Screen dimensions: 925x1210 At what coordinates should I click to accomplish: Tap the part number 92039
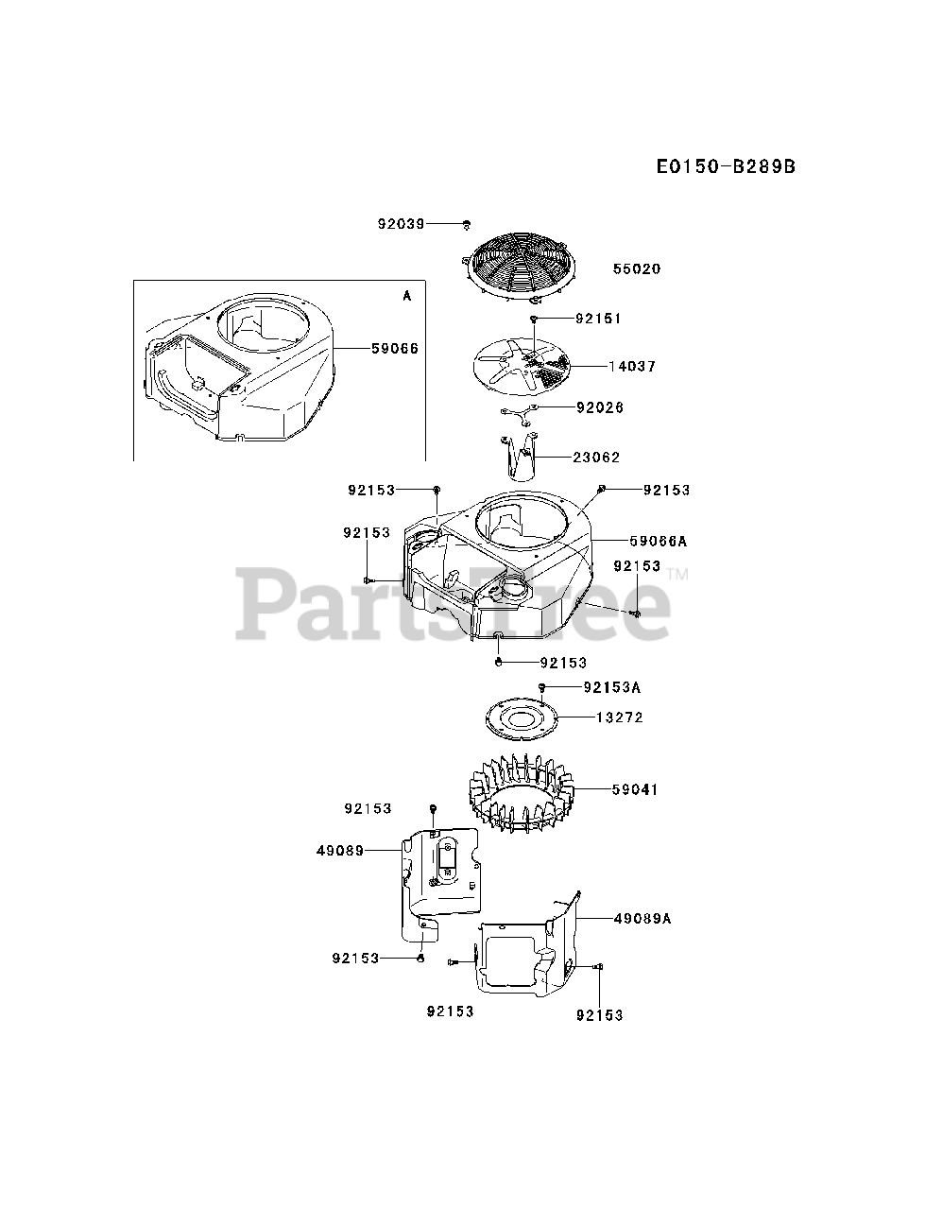coord(401,224)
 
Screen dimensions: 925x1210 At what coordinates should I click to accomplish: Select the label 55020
coord(637,269)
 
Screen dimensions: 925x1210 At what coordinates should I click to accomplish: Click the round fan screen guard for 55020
coord(522,260)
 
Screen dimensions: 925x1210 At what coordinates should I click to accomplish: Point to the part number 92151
coord(597,319)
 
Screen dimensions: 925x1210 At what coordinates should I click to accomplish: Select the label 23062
coord(596,458)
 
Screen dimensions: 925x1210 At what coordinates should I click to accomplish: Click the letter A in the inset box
coord(407,296)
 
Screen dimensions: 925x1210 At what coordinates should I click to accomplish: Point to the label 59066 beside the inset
coord(394,349)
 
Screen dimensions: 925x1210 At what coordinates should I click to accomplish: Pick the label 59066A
coord(659,542)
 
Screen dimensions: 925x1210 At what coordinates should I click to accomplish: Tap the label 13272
coord(619,717)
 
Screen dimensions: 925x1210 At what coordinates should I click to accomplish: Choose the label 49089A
coord(642,918)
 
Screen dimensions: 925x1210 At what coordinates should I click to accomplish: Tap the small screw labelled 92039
coord(467,225)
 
